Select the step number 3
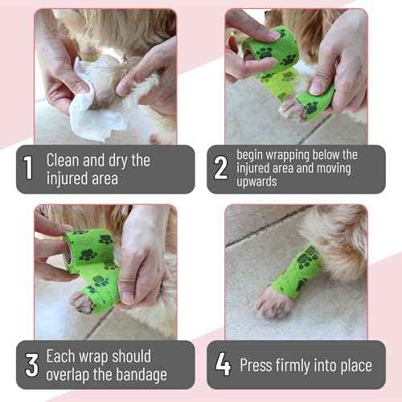[31, 364]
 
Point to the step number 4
[223, 364]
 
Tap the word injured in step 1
[68, 178]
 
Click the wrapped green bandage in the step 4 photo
[300, 271]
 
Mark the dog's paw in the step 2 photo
[293, 109]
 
